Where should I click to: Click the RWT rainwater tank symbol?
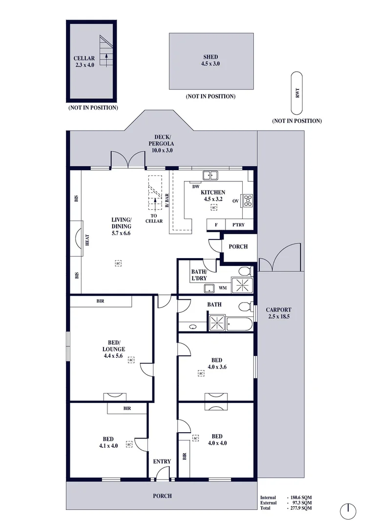click(x=297, y=93)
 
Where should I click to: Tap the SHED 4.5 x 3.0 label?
click(x=210, y=60)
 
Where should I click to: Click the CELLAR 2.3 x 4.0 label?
click(x=84, y=62)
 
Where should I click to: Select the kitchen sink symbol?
click(x=210, y=176)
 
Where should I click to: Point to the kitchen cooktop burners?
click(x=248, y=200)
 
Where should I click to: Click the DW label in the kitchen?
click(x=196, y=187)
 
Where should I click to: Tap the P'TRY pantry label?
click(x=238, y=224)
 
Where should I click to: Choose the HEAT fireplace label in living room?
click(x=87, y=240)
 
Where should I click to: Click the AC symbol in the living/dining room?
click(x=118, y=263)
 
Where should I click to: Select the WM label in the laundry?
click(x=223, y=288)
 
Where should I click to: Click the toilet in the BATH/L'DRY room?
click(x=246, y=271)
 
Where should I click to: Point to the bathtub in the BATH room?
click(x=240, y=324)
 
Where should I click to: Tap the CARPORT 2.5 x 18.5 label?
click(x=278, y=313)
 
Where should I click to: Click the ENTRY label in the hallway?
click(x=162, y=462)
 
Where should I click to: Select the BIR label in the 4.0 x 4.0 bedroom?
click(x=185, y=456)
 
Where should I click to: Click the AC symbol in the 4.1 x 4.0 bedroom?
click(x=129, y=444)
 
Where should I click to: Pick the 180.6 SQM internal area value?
click(x=301, y=497)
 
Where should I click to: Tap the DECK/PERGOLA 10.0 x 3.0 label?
click(x=162, y=143)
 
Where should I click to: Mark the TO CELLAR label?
click(x=154, y=219)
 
